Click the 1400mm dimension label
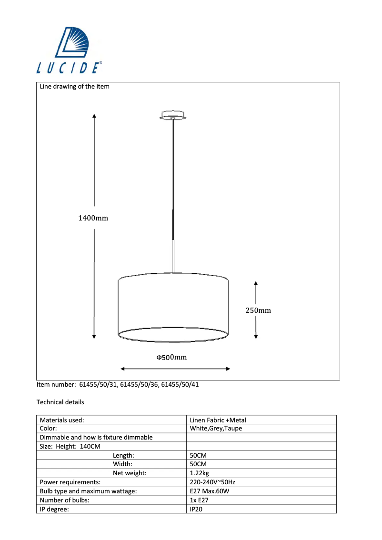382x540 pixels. click(93, 218)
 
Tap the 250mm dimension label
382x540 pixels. click(258, 310)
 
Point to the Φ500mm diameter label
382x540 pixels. click(171, 357)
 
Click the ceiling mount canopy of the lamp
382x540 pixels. click(173, 116)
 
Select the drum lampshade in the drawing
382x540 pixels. click(173, 307)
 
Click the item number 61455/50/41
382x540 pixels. click(181, 385)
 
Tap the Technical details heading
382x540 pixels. click(60, 402)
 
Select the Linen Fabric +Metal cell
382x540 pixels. click(218, 420)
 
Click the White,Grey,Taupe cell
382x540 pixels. click(216, 429)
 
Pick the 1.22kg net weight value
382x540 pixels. click(200, 473)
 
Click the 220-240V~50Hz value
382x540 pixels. click(212, 482)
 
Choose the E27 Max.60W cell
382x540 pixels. click(210, 491)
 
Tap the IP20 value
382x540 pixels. click(196, 509)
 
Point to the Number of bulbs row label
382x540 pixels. click(65, 500)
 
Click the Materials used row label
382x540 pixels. click(62, 420)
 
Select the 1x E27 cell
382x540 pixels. click(199, 500)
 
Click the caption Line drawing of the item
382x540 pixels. click(75, 87)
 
